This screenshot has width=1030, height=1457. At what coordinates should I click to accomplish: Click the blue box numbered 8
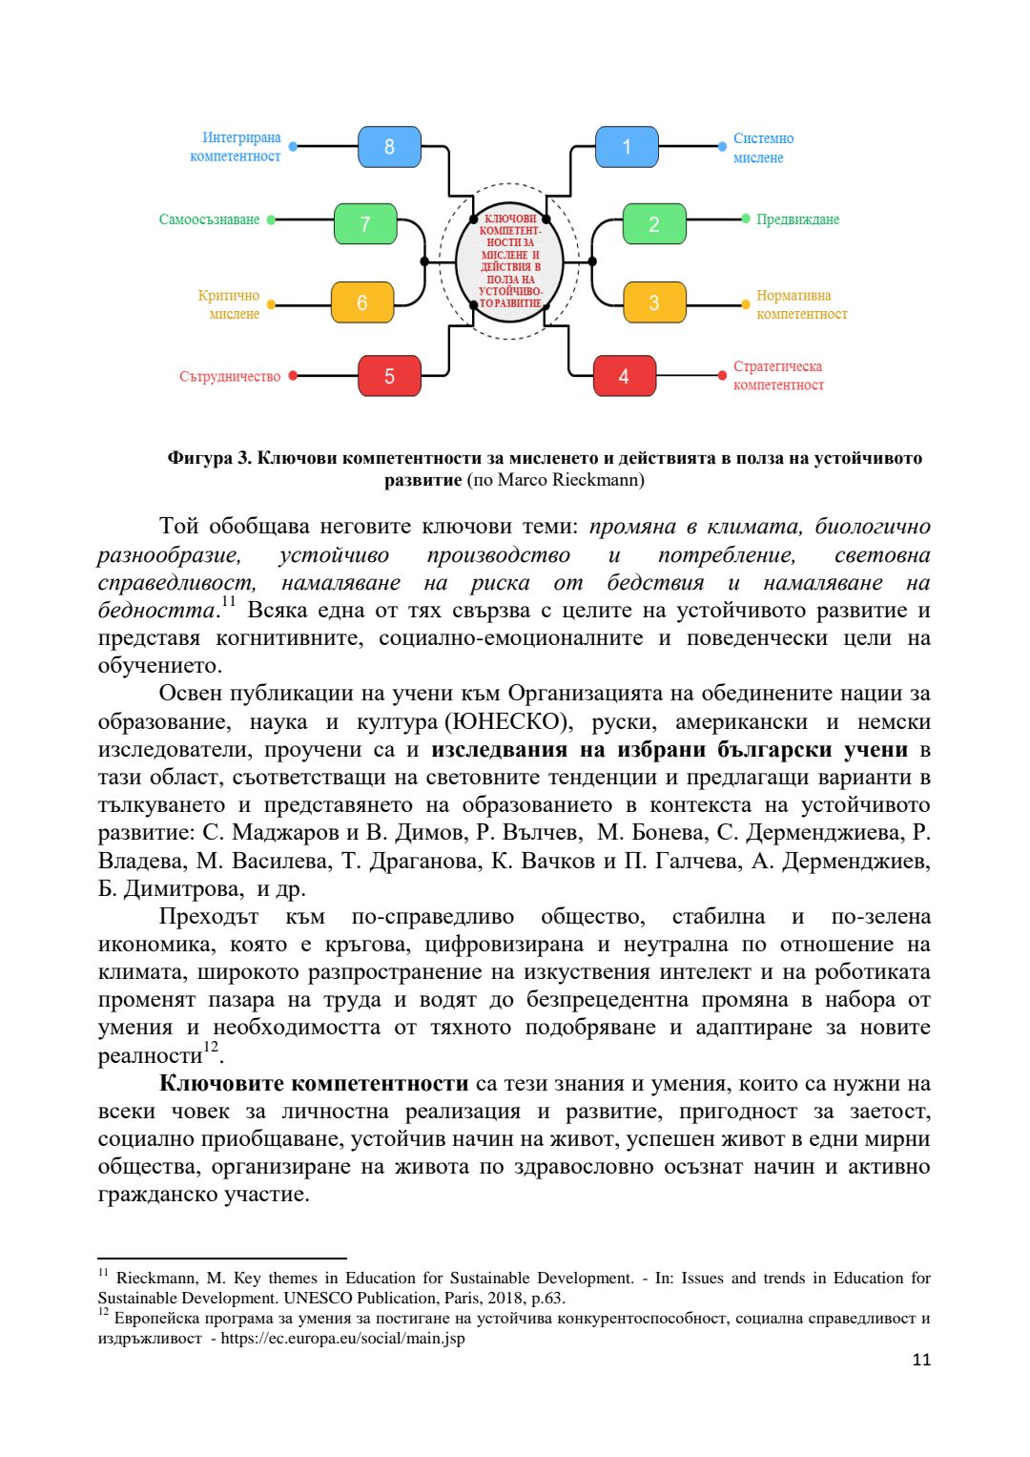tap(389, 147)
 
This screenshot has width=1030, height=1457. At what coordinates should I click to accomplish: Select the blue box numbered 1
tap(627, 147)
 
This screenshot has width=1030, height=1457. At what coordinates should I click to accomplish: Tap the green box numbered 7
tap(365, 224)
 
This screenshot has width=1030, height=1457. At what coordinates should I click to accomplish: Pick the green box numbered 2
tap(654, 224)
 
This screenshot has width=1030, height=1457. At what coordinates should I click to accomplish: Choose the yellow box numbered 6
tap(362, 302)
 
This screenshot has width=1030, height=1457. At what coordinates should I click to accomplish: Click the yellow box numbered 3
tap(654, 302)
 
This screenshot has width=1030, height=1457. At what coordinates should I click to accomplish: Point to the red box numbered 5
tap(389, 376)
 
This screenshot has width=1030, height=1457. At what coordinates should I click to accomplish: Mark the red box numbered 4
tap(625, 376)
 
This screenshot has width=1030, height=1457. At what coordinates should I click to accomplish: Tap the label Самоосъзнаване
tap(209, 219)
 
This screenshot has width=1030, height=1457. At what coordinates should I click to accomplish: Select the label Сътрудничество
tap(230, 377)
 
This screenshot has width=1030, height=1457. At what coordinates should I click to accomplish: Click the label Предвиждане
tap(797, 219)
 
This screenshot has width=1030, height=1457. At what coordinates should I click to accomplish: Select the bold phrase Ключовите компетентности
tap(314, 1083)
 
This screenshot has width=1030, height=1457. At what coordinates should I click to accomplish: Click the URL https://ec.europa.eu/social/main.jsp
tap(343, 1338)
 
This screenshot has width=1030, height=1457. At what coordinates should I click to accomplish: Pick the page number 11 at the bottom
tap(920, 1360)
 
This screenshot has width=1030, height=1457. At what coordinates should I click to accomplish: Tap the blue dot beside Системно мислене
tap(722, 147)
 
